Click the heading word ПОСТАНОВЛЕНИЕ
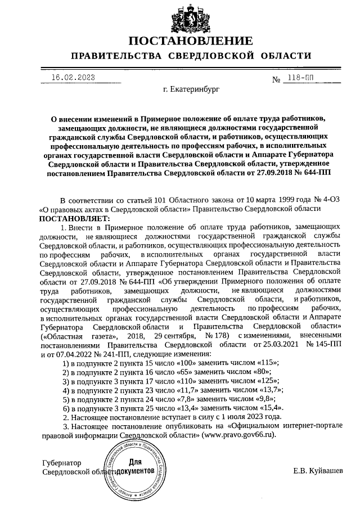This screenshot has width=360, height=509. (190, 41)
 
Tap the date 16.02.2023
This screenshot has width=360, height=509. (73, 77)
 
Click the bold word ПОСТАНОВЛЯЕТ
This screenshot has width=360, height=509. (75, 217)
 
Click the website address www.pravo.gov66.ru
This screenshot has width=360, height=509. (240, 435)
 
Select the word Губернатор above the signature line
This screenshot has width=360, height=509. (62, 462)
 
